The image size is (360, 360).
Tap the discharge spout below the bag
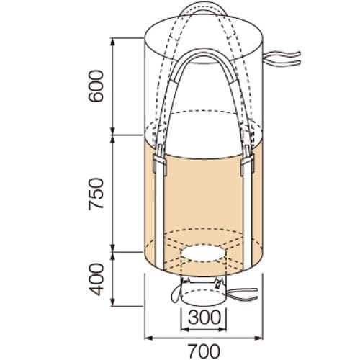coord(202,294)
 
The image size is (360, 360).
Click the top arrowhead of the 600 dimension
coord(114,38)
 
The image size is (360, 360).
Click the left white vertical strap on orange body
coord(158,216)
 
